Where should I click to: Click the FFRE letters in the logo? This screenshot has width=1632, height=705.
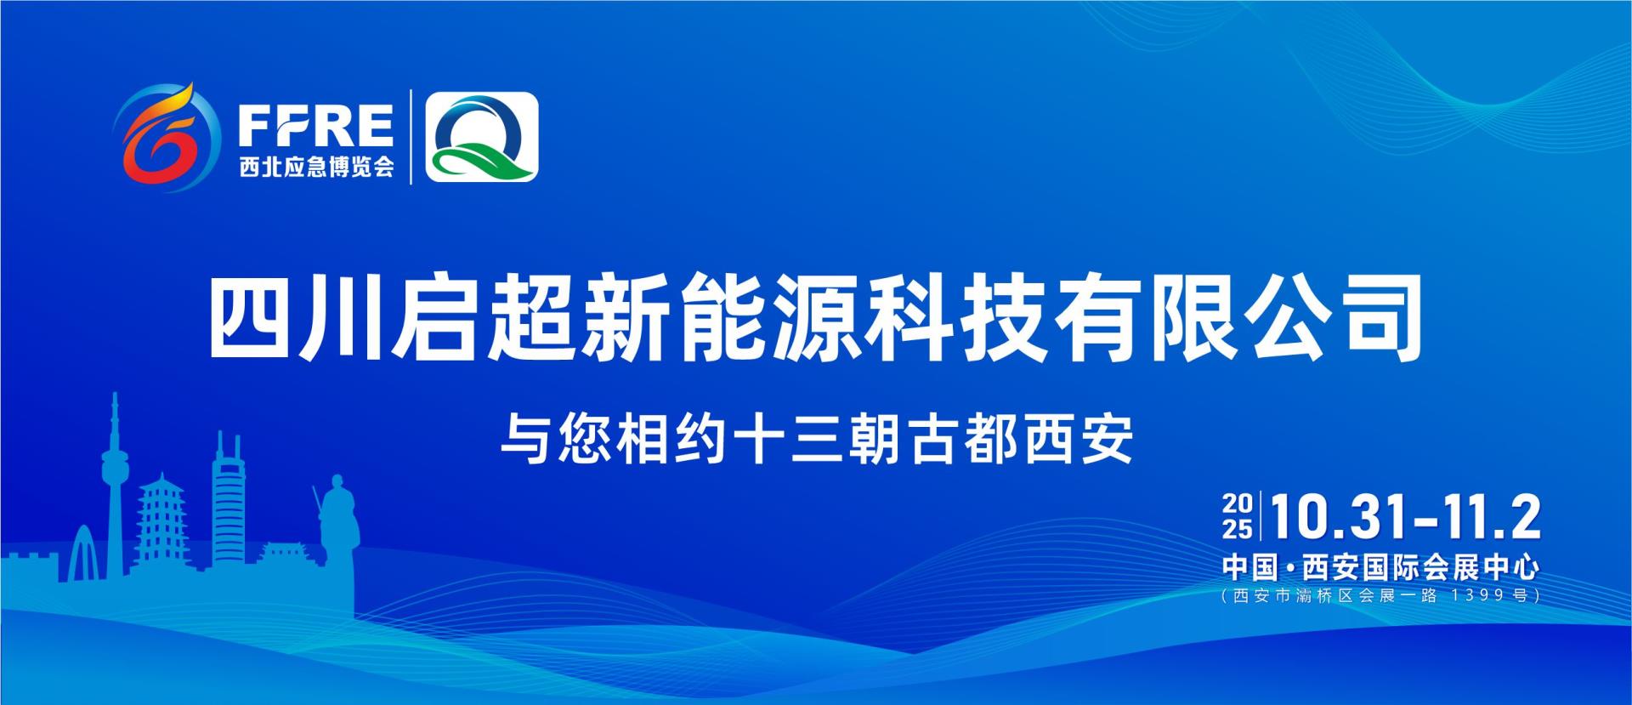click(x=315, y=127)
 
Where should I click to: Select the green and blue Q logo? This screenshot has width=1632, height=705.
click(x=482, y=137)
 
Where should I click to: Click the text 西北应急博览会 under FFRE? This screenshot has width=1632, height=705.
click(x=316, y=168)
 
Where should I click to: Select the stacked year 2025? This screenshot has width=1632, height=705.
click(x=1237, y=517)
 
